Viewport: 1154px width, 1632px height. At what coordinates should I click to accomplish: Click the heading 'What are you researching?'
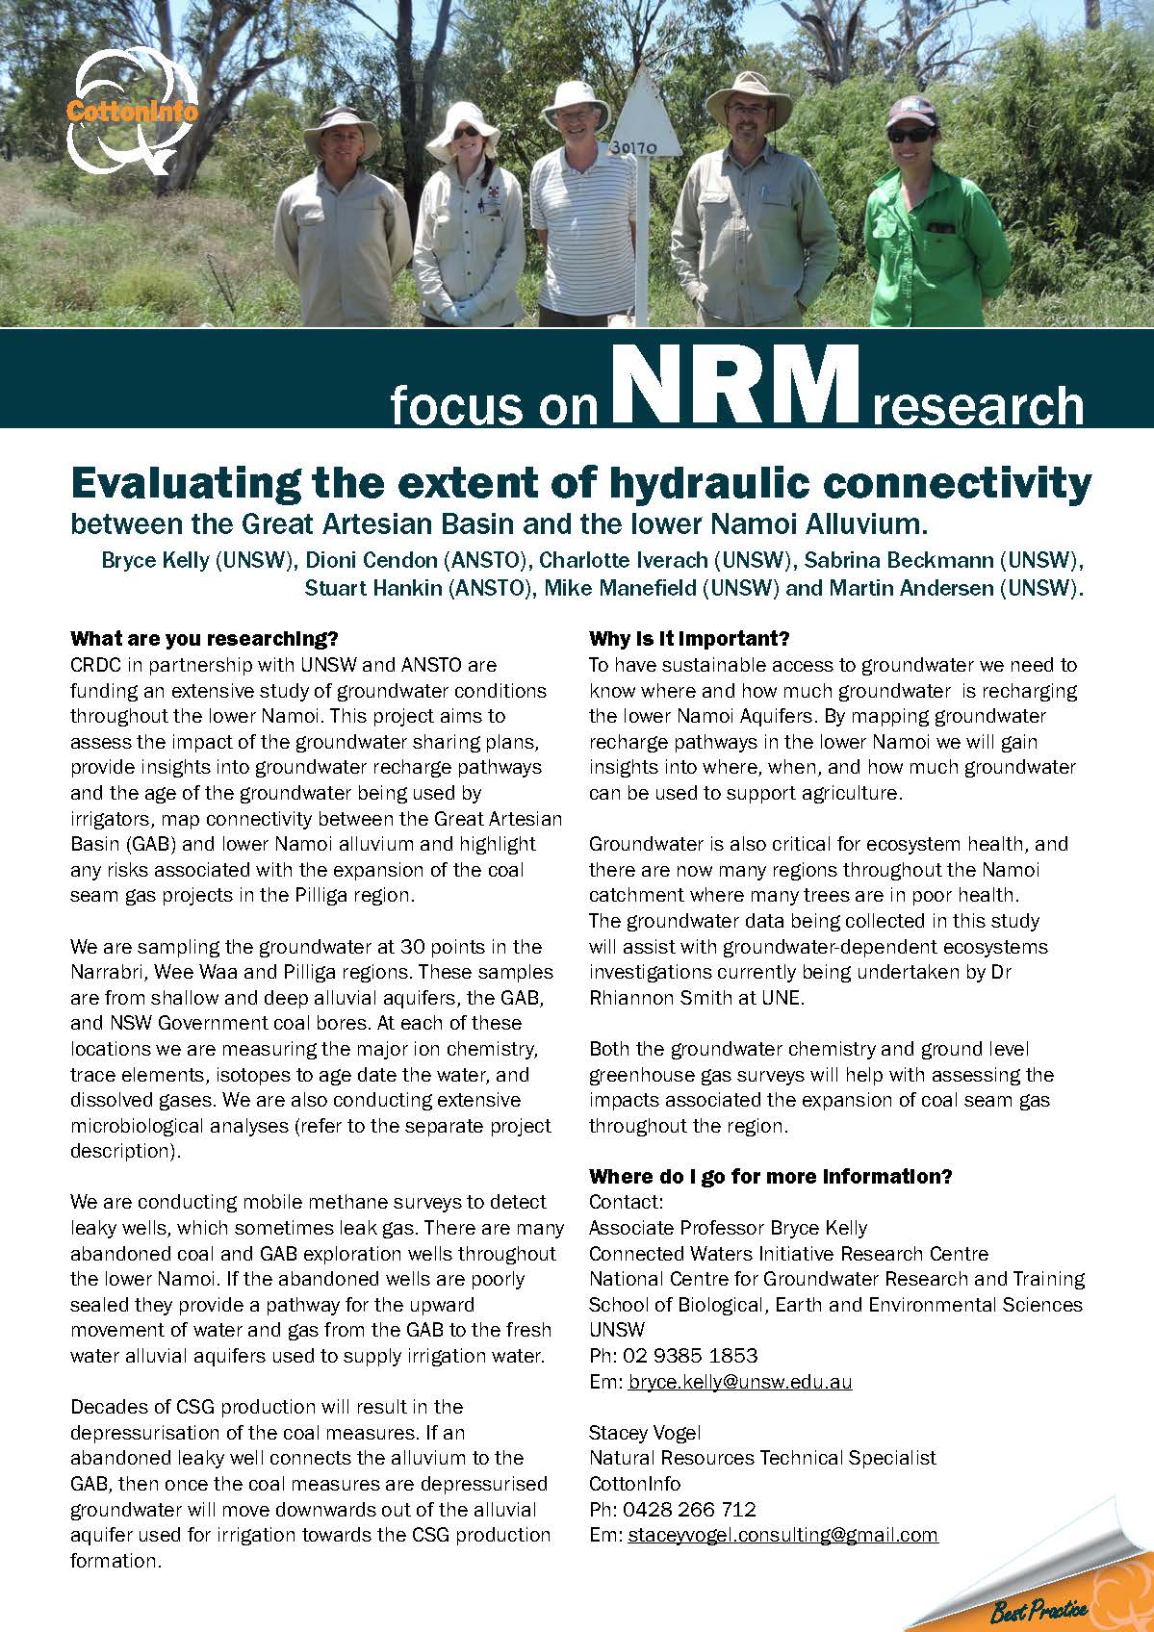204,639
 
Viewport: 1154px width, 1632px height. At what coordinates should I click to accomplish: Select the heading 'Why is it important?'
689,639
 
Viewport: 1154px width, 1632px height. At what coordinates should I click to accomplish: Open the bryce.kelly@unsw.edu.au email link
739,1382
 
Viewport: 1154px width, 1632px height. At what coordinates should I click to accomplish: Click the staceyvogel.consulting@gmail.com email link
782,1535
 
